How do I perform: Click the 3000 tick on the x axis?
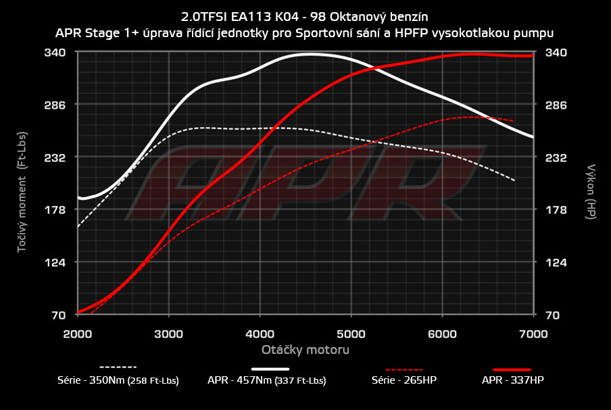pos(169,333)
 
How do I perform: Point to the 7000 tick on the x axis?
pos(534,333)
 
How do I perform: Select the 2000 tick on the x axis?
pos(78,333)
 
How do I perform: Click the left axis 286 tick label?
pos(55,105)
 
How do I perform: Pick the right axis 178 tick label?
pos(556,210)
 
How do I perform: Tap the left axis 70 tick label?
pos(59,315)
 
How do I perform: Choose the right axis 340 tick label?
pos(556,52)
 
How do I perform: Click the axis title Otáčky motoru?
pos(305,350)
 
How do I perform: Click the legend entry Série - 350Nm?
pos(118,380)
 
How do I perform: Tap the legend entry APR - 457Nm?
pos(266,380)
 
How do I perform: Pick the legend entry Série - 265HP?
pos(404,380)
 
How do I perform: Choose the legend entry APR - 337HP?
pos(512,380)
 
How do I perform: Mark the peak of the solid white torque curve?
pos(309,54)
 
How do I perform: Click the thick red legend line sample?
pos(512,369)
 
